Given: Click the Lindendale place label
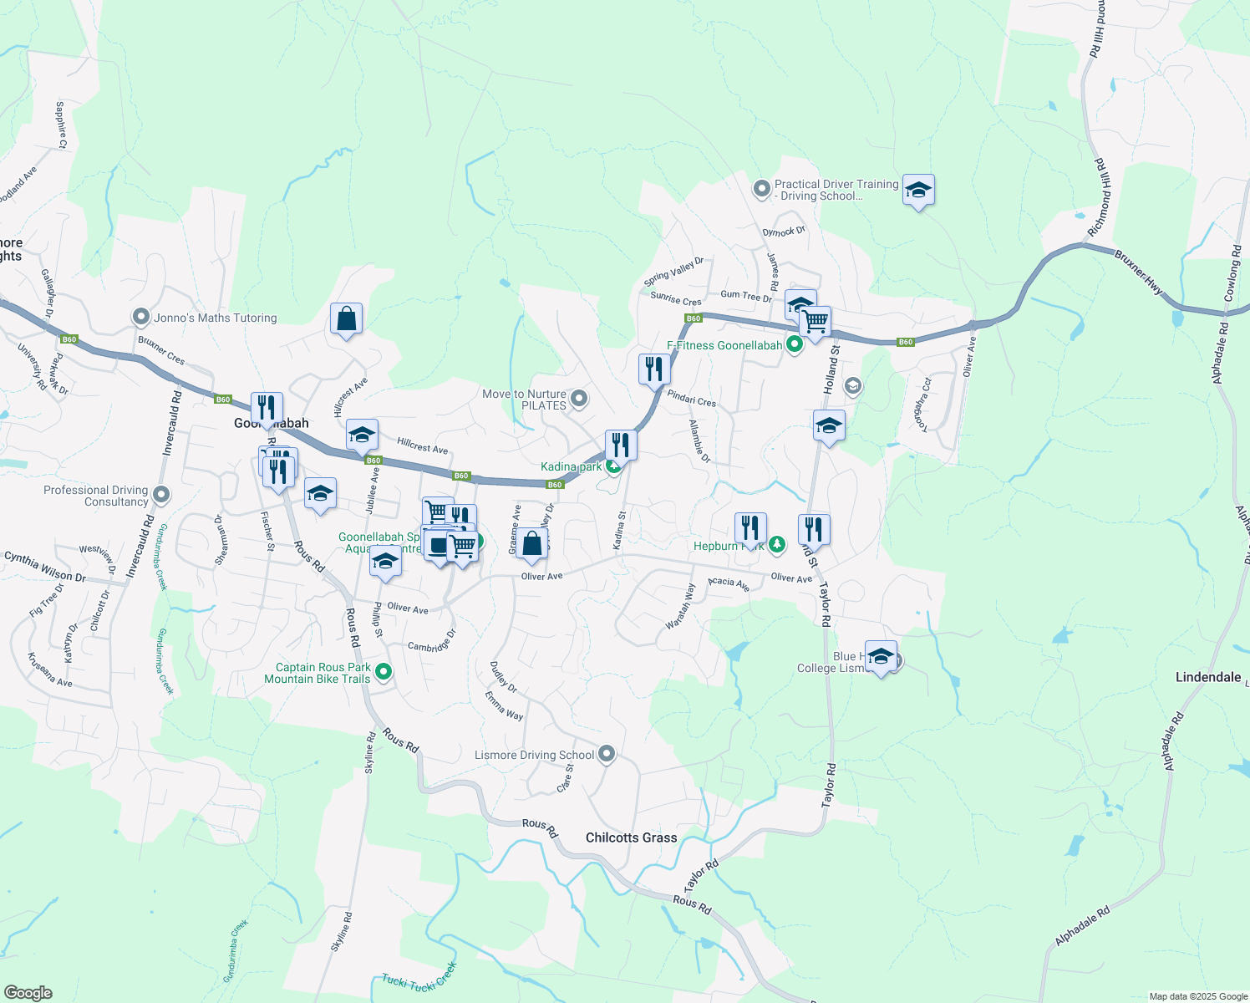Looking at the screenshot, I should pyautogui.click(x=1207, y=677).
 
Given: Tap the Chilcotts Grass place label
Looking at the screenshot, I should pyautogui.click(x=631, y=838).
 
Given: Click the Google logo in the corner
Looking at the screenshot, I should pyautogui.click(x=28, y=993).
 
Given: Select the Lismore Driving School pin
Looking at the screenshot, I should pyautogui.click(x=607, y=754).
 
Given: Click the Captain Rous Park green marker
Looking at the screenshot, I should pyautogui.click(x=384, y=670).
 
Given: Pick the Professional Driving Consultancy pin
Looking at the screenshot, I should pyautogui.click(x=162, y=495).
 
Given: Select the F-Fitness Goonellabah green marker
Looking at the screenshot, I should pyautogui.click(x=795, y=344).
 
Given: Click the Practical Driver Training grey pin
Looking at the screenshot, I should pyautogui.click(x=761, y=189).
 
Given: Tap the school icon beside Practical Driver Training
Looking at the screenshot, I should pyautogui.click(x=918, y=191).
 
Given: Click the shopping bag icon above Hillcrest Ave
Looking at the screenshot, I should pyautogui.click(x=346, y=319).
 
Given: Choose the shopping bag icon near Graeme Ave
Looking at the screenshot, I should pyautogui.click(x=532, y=544).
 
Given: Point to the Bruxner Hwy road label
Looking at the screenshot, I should pyautogui.click(x=1138, y=272).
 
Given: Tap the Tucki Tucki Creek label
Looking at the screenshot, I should pyautogui.click(x=419, y=977).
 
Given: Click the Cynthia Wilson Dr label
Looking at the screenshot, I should pyautogui.click(x=45, y=566).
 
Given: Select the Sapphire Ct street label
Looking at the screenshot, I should pyautogui.click(x=61, y=125).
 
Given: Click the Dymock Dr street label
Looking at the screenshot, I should pyautogui.click(x=783, y=232).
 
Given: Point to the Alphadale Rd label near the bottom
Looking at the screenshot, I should pyautogui.click(x=1082, y=926).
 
